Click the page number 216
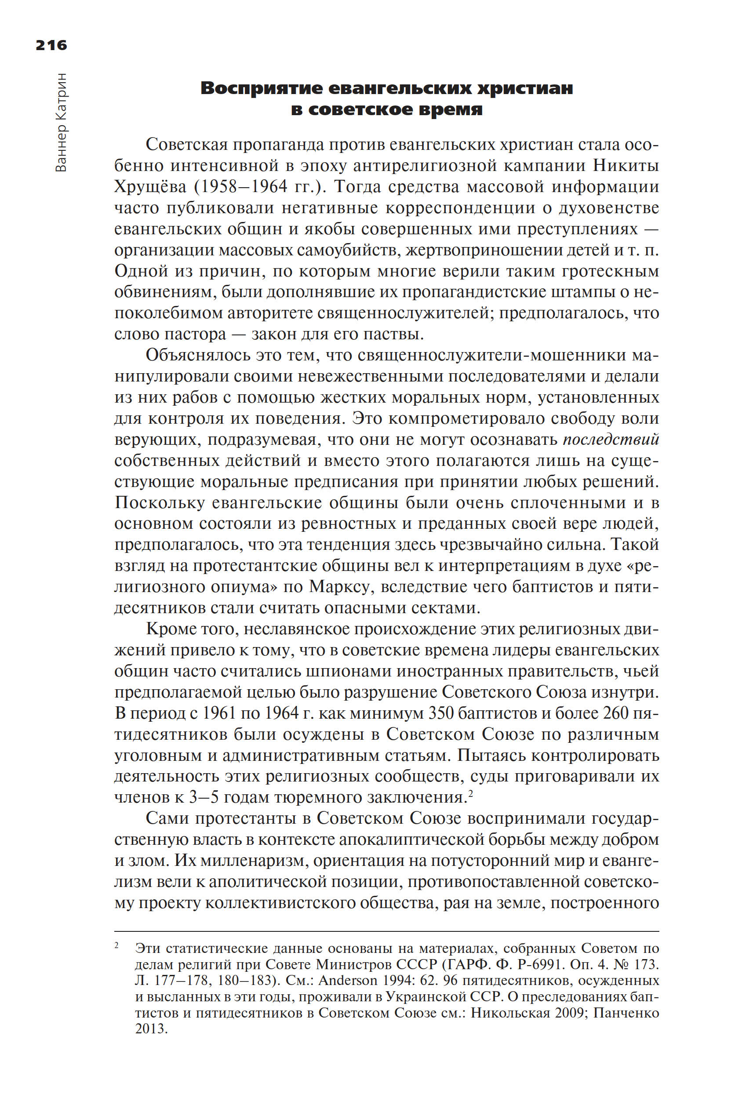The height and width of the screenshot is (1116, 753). point(51,45)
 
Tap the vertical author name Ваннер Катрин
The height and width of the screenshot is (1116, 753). point(62,123)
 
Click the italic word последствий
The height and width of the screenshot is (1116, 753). point(611,440)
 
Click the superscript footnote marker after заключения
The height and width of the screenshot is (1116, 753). point(471,793)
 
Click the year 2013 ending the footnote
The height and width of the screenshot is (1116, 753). point(150,1029)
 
